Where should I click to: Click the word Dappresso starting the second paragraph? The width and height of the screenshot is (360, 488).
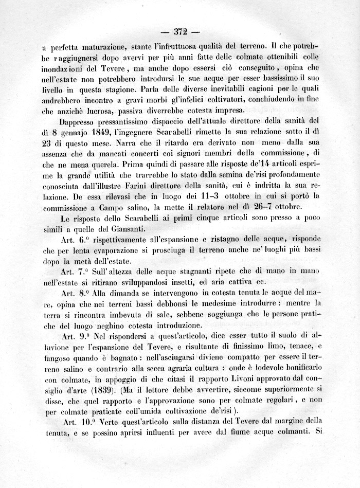coord(83,122)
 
